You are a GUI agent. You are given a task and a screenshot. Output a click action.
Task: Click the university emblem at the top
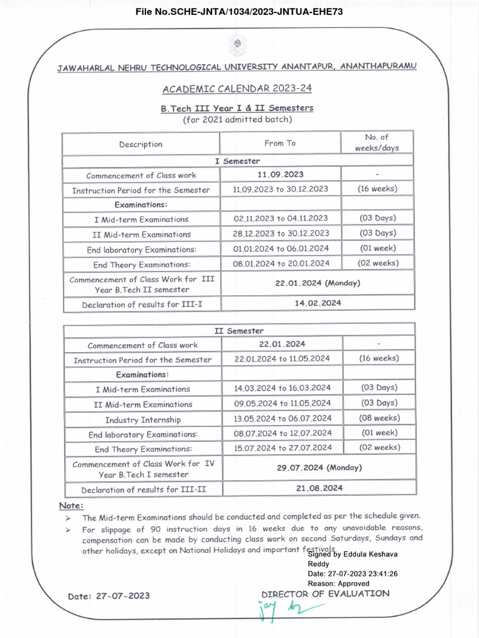[x=237, y=45]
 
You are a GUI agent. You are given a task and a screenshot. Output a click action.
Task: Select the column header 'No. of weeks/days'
[x=376, y=143]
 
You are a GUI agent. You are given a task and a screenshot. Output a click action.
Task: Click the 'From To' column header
[x=280, y=143]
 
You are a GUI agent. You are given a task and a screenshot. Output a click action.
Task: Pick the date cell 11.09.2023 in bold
[x=281, y=174]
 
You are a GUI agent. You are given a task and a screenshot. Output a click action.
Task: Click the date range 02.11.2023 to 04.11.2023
[x=281, y=218]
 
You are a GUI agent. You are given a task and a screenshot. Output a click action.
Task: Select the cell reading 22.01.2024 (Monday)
[x=317, y=283]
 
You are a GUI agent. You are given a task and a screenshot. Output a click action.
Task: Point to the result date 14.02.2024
[x=317, y=303]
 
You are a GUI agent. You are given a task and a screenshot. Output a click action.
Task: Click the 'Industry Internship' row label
[x=143, y=420]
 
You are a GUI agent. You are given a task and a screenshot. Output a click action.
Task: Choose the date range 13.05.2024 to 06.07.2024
[x=283, y=419]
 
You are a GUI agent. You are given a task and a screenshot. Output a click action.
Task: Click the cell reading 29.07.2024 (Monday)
[x=319, y=467]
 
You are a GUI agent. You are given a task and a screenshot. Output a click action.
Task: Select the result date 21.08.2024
[x=319, y=488]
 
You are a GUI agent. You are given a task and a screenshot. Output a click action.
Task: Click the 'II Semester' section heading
[x=239, y=331]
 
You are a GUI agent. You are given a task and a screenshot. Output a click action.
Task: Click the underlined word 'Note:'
[x=71, y=505]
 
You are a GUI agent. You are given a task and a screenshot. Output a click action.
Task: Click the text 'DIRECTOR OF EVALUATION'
[x=325, y=594]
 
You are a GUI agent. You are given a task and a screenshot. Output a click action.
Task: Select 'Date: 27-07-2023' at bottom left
[x=109, y=596]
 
